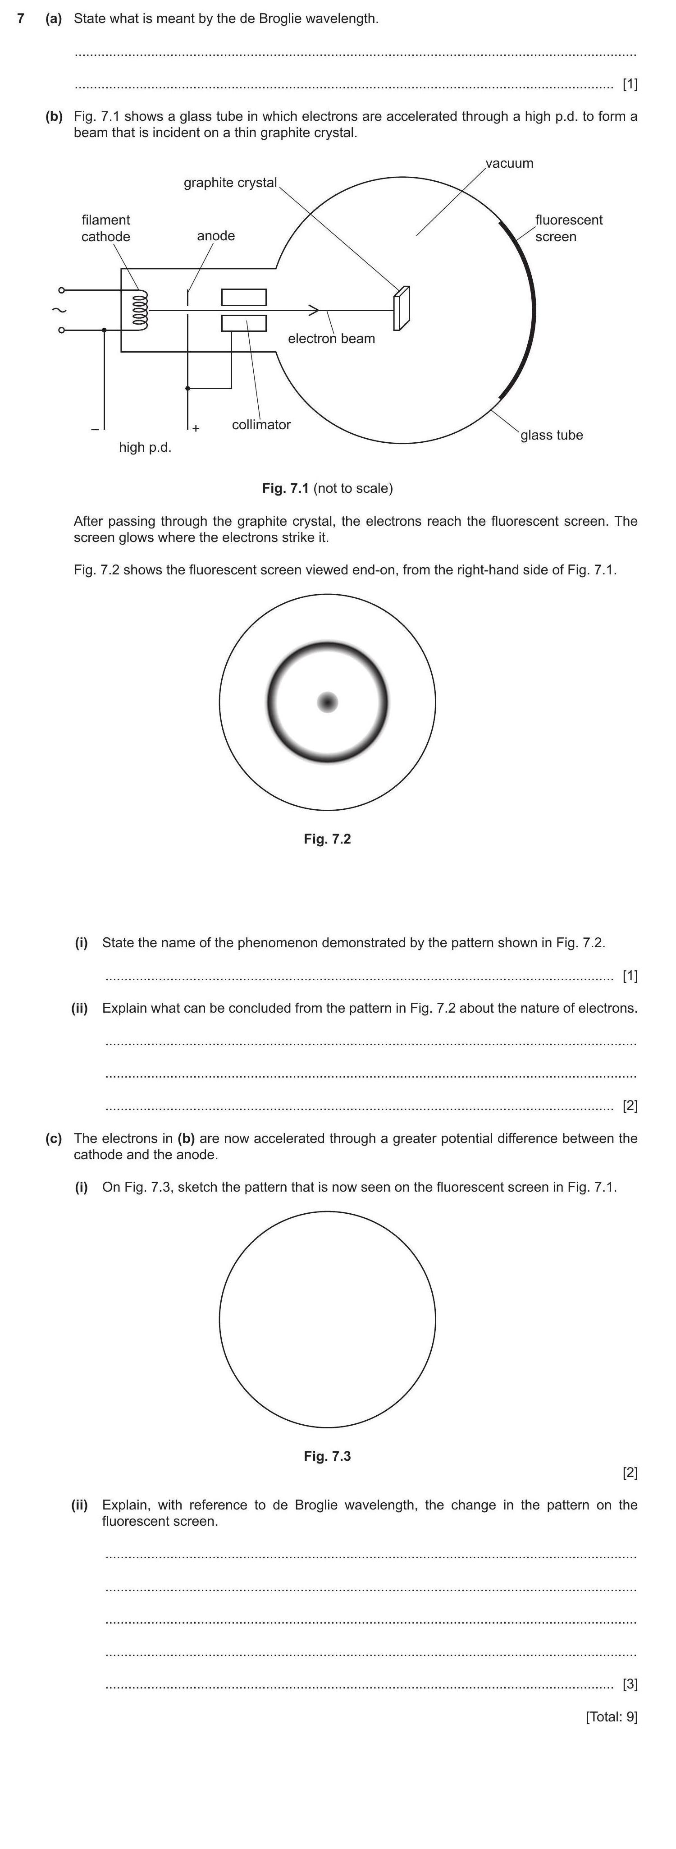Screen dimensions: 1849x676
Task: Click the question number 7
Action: (21, 18)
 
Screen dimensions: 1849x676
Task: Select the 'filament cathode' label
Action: (105, 228)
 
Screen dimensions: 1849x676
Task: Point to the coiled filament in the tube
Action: (141, 310)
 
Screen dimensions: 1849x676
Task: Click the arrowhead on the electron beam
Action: (314, 310)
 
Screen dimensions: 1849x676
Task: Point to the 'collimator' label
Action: (261, 425)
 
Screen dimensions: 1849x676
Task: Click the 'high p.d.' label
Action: (145, 448)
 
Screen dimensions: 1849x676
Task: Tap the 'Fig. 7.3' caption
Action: (327, 1456)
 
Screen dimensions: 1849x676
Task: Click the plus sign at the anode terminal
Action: (196, 428)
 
